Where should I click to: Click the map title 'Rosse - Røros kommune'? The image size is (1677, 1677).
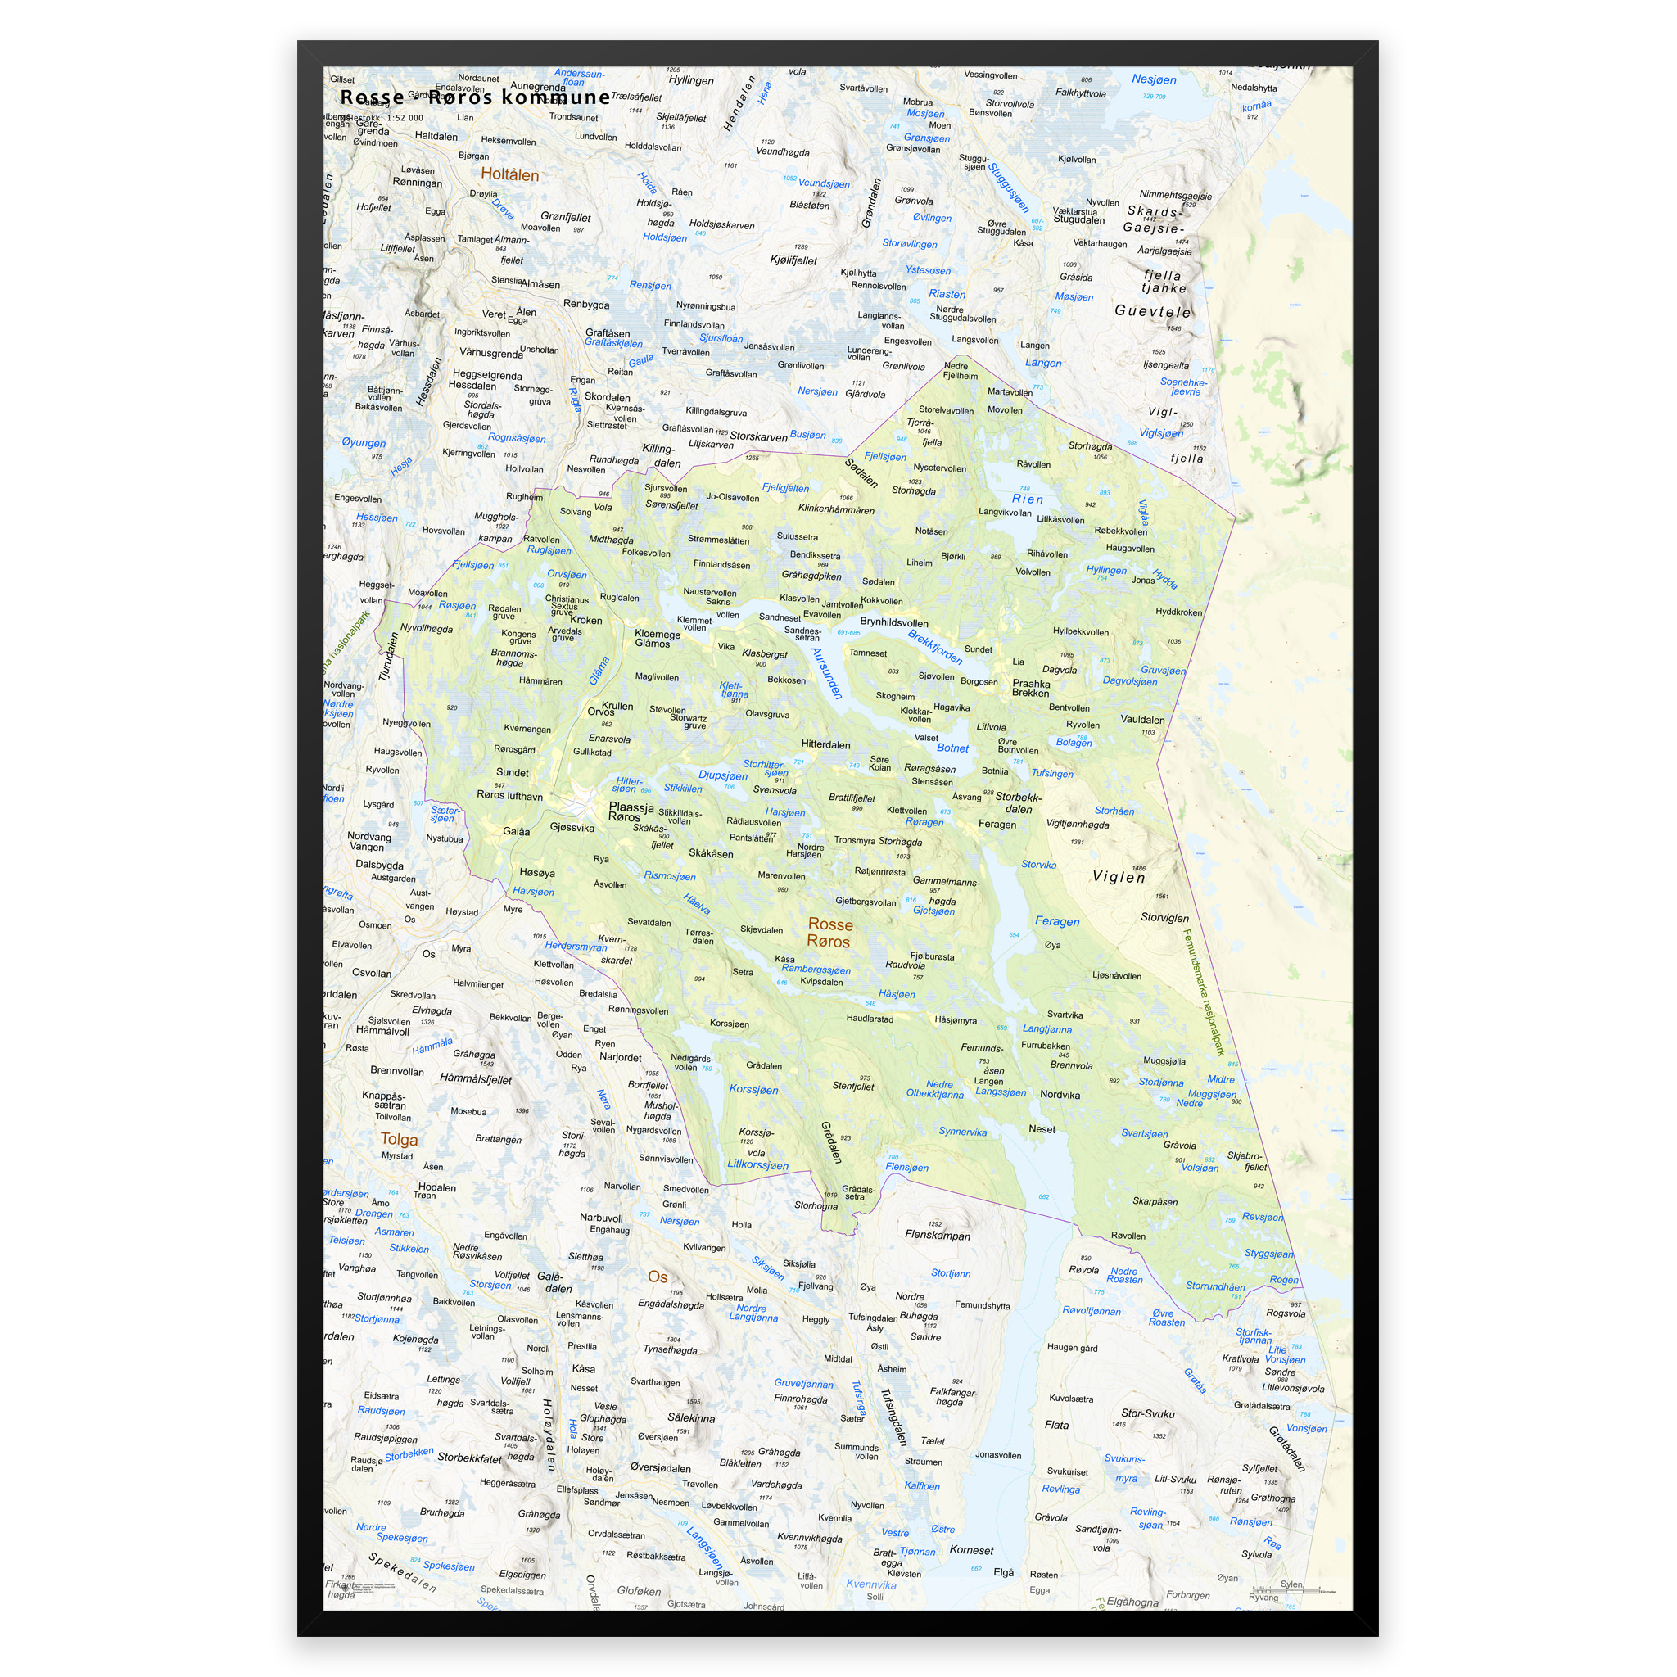[x=475, y=97]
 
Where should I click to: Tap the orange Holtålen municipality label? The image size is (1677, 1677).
[x=509, y=174]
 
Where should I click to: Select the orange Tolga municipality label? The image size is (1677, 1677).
[x=399, y=1140]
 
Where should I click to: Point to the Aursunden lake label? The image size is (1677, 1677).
[x=826, y=673]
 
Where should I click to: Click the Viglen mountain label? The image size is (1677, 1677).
[x=1118, y=877]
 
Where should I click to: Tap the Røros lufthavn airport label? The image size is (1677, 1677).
[x=509, y=796]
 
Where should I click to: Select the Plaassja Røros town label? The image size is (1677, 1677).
[x=631, y=811]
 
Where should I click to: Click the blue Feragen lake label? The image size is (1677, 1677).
[x=1056, y=922]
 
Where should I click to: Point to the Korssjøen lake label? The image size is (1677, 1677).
[x=753, y=1089]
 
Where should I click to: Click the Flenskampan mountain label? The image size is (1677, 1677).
[x=938, y=1235]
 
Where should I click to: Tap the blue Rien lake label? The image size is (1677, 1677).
[x=1028, y=499]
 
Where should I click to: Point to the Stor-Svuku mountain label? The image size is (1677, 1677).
[x=1147, y=1413]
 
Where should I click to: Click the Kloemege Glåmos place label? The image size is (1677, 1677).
[x=657, y=638]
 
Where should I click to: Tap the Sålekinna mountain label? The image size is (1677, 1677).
[x=691, y=1418]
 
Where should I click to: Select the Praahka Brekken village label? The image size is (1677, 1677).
[x=1030, y=689]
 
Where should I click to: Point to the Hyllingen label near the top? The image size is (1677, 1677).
[x=691, y=81]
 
